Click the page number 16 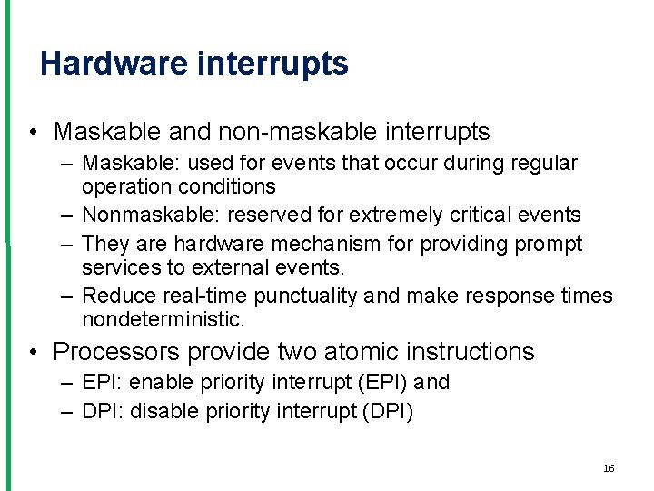pos(609,468)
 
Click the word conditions pos(224,186)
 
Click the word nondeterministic pos(163,319)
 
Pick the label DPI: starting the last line pos(103,411)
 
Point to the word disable pos(162,411)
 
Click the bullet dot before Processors pos(33,352)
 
